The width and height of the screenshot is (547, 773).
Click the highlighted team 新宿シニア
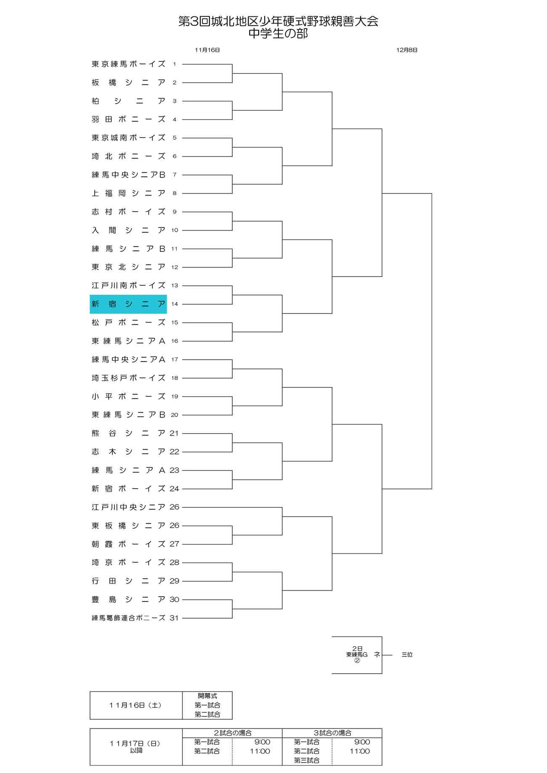coord(128,304)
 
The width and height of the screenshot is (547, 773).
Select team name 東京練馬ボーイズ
coord(129,64)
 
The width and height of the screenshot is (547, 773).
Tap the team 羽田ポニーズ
coord(129,119)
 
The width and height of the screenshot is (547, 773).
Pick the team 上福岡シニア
coord(129,193)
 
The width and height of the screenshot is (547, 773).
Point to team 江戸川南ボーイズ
coord(129,286)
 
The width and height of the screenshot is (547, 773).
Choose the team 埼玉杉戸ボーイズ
coord(129,378)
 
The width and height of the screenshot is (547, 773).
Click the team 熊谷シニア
coord(129,433)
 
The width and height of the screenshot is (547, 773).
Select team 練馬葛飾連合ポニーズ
coord(129,618)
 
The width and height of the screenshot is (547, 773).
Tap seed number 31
coord(174,618)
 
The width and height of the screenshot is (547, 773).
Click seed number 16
coord(175,341)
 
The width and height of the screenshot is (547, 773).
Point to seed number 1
coord(174,64)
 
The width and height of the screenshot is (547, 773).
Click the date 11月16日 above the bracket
coord(207,50)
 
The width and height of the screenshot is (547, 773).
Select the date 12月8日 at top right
coord(407,50)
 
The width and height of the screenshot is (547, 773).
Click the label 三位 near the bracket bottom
coord(407,654)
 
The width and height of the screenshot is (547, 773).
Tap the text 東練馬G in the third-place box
coord(357,654)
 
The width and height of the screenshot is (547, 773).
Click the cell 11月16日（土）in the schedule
coord(135,705)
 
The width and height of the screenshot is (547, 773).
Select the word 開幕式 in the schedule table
coord(207,696)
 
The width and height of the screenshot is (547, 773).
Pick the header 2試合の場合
coord(233,733)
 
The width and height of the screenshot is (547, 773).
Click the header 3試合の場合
coord(332,733)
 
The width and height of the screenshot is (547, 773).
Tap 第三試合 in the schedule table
coord(307,760)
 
